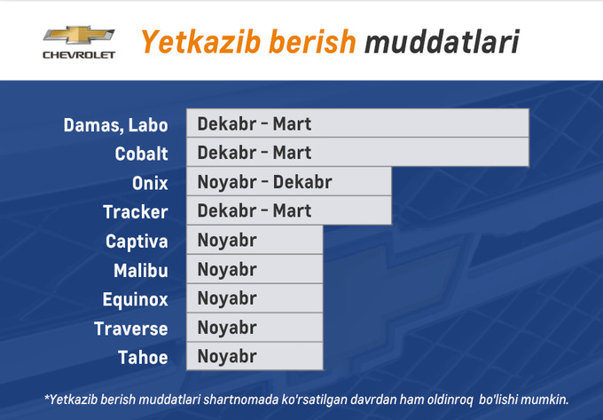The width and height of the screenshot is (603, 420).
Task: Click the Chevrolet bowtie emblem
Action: (78, 36)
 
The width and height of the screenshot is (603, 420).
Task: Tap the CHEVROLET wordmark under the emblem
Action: (79, 55)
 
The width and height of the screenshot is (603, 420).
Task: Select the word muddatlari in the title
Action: (442, 42)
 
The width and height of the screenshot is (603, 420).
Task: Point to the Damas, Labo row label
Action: (115, 125)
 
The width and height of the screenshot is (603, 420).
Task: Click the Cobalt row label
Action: (141, 154)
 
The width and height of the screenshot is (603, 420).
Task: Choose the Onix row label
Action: (149, 183)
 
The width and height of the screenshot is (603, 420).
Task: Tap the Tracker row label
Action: (135, 212)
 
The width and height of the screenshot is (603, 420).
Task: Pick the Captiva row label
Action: (137, 242)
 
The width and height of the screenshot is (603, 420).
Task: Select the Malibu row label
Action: (140, 270)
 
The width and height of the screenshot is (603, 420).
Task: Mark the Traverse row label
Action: (130, 329)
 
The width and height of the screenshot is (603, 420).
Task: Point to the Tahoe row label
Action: (143, 358)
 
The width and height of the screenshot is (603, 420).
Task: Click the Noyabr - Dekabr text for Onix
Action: (264, 182)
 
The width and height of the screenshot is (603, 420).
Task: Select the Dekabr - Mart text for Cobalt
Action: (255, 153)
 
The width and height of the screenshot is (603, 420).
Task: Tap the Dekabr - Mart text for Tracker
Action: (255, 211)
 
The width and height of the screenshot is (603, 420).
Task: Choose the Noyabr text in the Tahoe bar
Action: (227, 357)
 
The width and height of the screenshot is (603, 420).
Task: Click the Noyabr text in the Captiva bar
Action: (227, 240)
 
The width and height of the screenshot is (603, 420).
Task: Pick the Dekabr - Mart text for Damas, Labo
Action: (255, 123)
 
